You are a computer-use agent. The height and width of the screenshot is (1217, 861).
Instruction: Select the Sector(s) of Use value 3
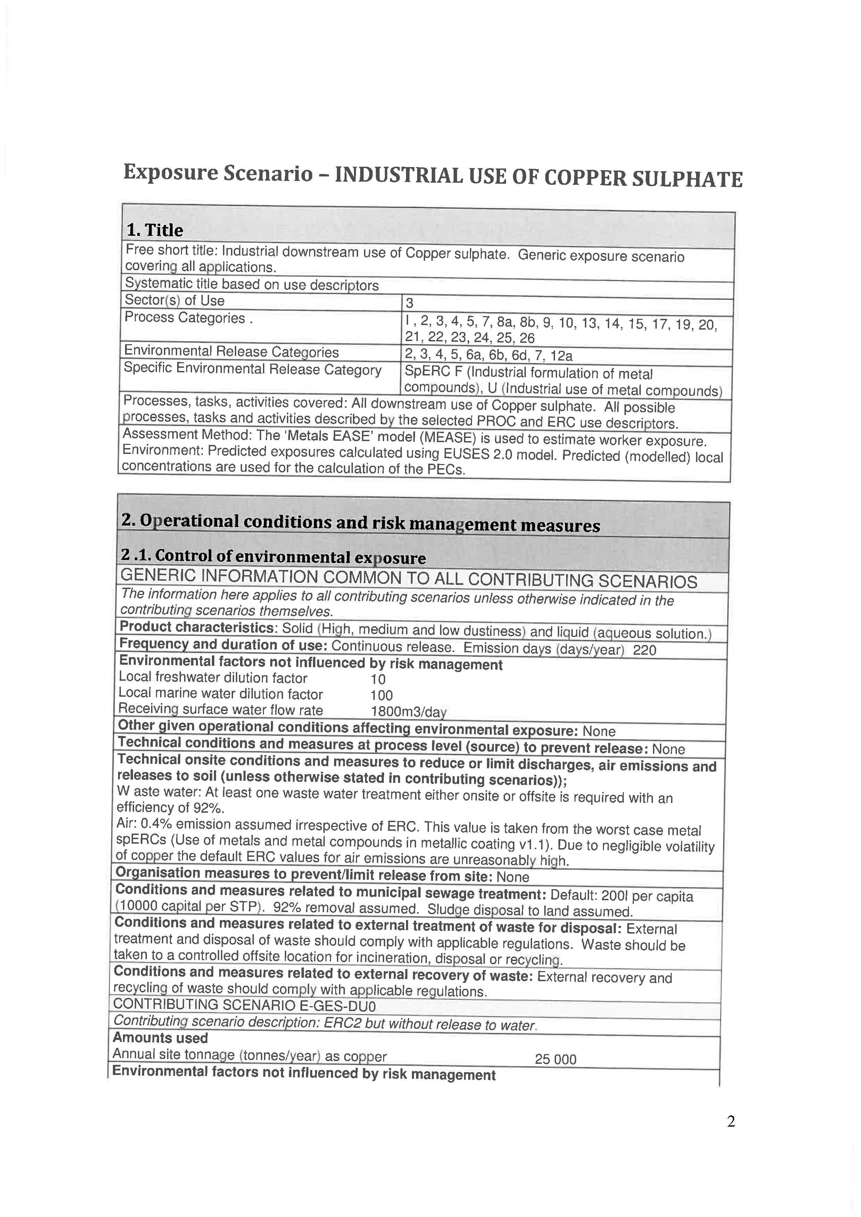tap(409, 304)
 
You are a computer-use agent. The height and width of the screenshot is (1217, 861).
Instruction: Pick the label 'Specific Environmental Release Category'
tap(252, 370)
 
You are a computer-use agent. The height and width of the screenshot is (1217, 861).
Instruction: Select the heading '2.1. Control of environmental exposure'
tap(273, 556)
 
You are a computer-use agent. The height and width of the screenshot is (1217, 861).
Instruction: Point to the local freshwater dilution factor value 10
tap(378, 679)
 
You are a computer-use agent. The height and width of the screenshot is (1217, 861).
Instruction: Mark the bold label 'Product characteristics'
tap(196, 627)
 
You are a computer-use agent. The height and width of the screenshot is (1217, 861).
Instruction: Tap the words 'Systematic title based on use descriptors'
tap(251, 285)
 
